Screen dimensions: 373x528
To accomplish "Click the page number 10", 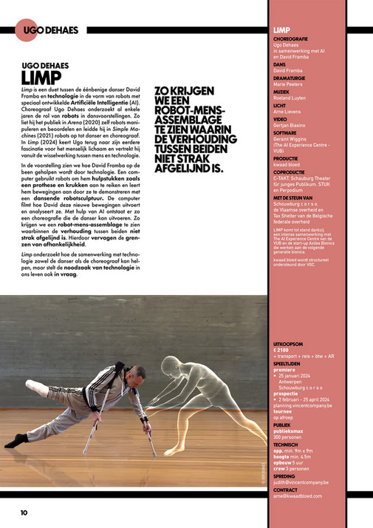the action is point(24,512).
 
